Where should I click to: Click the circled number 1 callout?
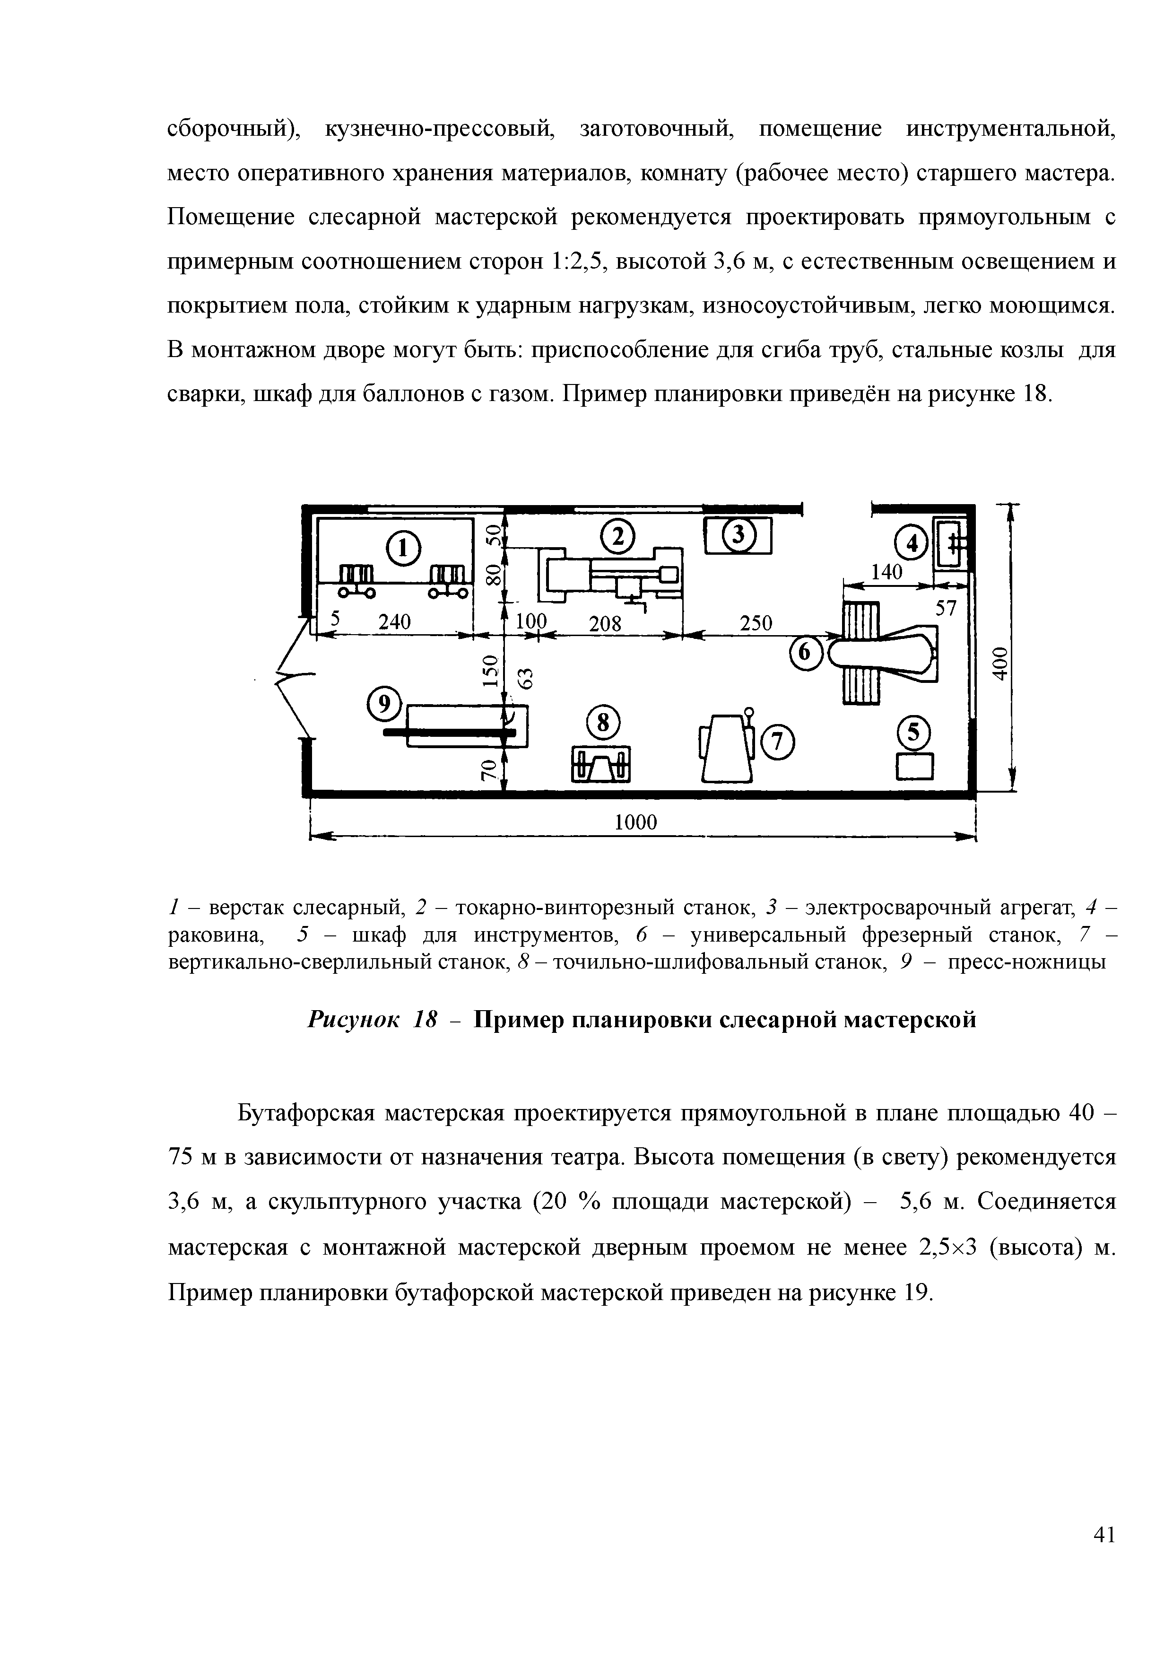[x=403, y=549]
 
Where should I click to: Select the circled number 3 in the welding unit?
[x=738, y=536]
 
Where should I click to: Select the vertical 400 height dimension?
[x=998, y=662]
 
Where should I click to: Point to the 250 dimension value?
[x=756, y=623]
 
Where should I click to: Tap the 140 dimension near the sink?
[x=886, y=572]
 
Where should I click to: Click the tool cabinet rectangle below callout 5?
[x=915, y=766]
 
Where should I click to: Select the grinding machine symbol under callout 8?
[x=601, y=764]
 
